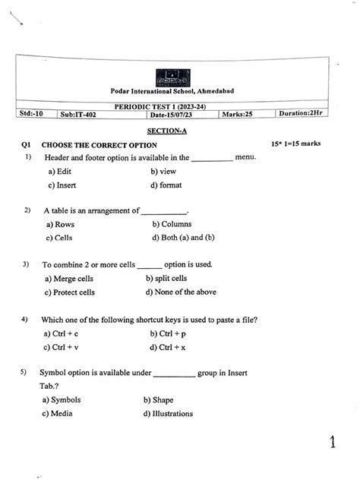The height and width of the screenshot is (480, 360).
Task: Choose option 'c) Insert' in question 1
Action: pos(62,185)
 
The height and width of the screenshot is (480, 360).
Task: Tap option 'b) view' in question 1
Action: pos(163,172)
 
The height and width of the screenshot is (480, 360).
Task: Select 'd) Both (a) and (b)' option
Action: pos(183,237)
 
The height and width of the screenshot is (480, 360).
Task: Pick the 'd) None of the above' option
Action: pos(181,292)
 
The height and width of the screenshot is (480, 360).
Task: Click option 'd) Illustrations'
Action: pos(167,414)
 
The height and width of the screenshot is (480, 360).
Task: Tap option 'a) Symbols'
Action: pos(62,399)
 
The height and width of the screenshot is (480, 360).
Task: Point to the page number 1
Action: pos(333,442)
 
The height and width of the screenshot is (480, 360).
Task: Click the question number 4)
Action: pos(26,319)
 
